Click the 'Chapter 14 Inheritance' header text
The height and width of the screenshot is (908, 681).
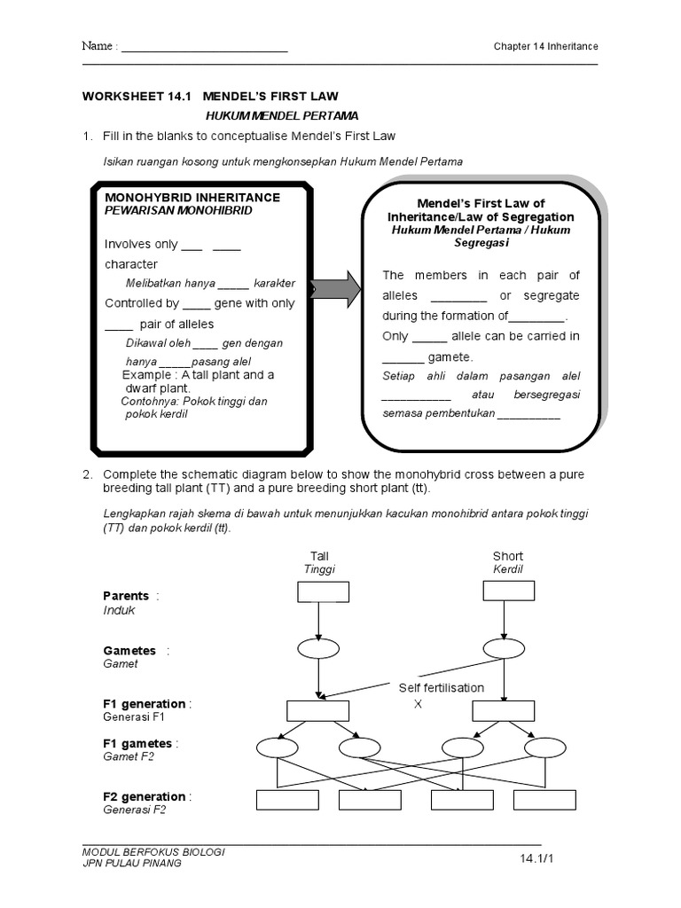[x=545, y=46]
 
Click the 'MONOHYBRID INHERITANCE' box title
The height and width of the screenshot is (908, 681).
[x=192, y=197]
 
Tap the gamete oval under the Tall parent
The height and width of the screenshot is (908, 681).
[x=317, y=648]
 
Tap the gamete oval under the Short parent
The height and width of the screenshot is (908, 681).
[x=503, y=648]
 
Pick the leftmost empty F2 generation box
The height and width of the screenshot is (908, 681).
[x=287, y=800]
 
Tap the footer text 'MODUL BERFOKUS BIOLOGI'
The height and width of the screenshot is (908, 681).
[x=153, y=851]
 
